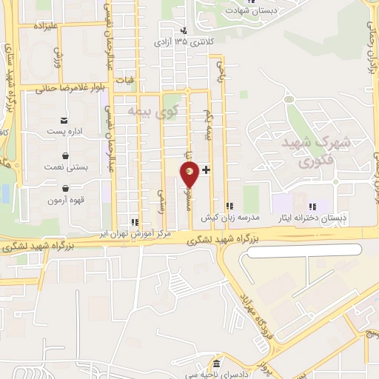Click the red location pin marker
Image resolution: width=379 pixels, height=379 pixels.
tap(189, 175)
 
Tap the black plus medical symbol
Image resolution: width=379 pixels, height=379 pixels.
tap(206, 170)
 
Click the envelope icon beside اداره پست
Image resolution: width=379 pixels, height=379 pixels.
tap(65, 121)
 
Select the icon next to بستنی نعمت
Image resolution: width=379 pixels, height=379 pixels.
tap(67, 156)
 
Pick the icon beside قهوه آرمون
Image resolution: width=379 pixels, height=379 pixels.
tap(67, 188)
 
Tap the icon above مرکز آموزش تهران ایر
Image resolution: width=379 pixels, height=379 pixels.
tap(134, 221)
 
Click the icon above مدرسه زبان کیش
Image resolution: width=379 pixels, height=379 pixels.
tap(229, 206)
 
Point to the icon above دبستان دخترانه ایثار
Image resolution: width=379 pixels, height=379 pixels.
tap(312, 206)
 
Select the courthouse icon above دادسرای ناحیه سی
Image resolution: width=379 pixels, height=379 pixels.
tap(215, 365)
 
